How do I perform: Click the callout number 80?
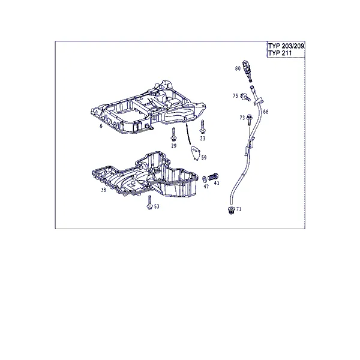238,68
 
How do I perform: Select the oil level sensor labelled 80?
247,71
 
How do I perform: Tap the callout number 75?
235,96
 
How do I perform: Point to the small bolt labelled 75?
245,97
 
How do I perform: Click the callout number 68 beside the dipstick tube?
266,112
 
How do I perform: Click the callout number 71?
239,209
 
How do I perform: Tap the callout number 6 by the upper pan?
101,126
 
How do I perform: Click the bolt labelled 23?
203,127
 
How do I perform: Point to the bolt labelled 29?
173,134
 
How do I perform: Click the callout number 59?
204,157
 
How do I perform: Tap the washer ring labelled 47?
204,179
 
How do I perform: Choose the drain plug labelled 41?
213,177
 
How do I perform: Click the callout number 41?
217,183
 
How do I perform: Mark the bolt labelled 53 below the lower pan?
149,203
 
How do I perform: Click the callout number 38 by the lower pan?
104,190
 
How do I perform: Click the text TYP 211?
280,53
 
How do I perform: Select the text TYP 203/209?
286,46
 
